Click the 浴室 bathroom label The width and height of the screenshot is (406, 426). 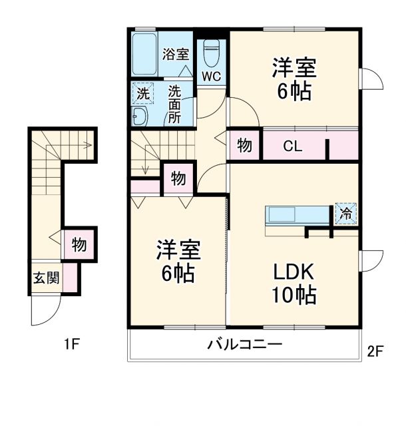pyautogui.click(x=176, y=55)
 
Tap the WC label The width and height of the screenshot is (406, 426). pyautogui.click(x=212, y=76)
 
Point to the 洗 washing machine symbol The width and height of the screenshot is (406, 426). pyautogui.click(x=142, y=94)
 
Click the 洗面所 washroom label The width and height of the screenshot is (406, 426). pyautogui.click(x=174, y=105)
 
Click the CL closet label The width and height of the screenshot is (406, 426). pyautogui.click(x=293, y=146)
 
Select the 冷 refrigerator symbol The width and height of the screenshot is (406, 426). pyautogui.click(x=345, y=214)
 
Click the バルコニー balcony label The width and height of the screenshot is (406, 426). pyautogui.click(x=244, y=345)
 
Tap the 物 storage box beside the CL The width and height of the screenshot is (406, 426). pyautogui.click(x=244, y=146)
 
